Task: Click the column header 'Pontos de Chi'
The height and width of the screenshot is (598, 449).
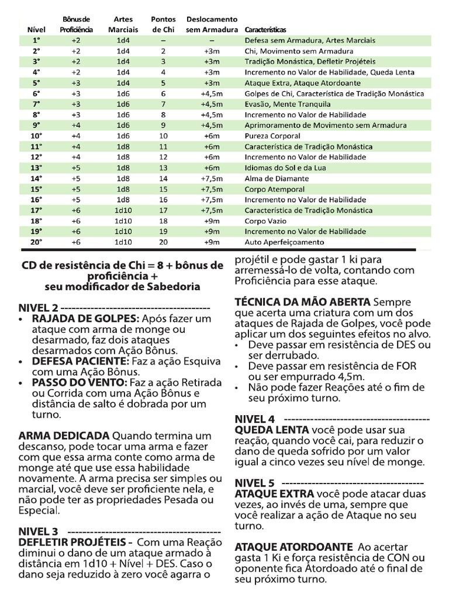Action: click(x=163, y=25)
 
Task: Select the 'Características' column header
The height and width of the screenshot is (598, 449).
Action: click(x=265, y=30)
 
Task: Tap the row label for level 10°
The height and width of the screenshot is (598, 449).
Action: click(x=36, y=135)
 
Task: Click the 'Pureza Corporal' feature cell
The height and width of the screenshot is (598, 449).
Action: click(x=272, y=135)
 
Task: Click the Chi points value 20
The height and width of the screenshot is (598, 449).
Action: click(x=163, y=242)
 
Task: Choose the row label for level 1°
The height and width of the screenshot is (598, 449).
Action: click(x=36, y=40)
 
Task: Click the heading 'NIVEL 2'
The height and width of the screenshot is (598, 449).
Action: click(x=38, y=308)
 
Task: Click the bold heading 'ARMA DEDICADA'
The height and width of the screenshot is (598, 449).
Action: click(x=64, y=436)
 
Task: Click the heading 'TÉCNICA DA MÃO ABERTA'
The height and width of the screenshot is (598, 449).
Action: click(x=302, y=302)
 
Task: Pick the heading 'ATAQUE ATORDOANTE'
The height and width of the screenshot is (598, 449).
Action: click(x=293, y=547)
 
